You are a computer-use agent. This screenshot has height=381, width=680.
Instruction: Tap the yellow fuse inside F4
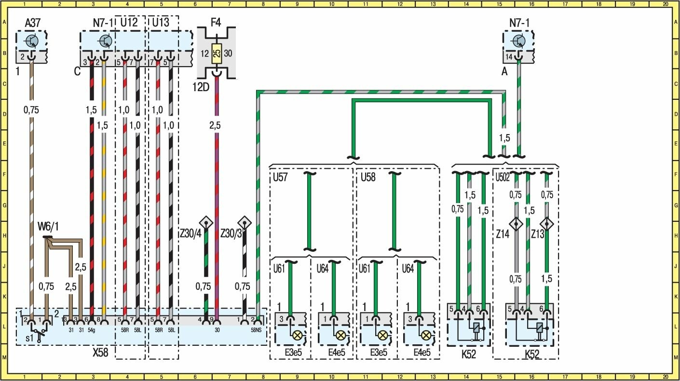217,54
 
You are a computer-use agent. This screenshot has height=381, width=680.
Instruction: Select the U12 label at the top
129,23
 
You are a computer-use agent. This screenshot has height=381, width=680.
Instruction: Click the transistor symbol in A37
31,41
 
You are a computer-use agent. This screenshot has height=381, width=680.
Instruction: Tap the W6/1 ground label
48,226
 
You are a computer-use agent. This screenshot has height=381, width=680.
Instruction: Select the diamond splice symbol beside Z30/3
245,223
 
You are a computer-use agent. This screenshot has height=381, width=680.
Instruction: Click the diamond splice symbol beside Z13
546,224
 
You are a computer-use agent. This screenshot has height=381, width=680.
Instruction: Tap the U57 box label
280,177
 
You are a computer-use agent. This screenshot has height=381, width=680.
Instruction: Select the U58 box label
368,177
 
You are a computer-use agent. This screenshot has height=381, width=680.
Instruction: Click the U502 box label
503,177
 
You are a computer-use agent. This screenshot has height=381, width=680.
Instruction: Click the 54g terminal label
91,330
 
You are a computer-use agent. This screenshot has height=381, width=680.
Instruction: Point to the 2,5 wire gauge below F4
216,125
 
